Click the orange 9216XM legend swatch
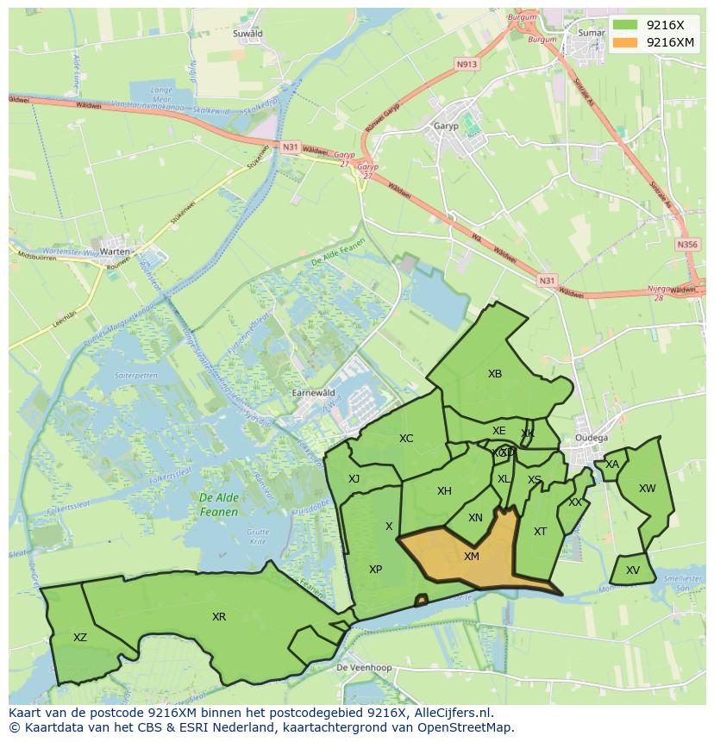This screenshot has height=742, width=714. (x=627, y=42)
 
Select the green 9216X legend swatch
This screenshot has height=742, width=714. (x=627, y=25)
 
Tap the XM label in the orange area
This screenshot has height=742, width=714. (x=472, y=557)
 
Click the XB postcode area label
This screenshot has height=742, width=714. (x=495, y=374)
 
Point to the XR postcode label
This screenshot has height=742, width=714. (x=219, y=617)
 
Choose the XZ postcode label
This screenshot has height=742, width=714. (x=80, y=638)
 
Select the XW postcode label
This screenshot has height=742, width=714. (x=647, y=489)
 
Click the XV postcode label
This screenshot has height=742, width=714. (x=633, y=571)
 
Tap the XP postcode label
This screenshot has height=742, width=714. (x=375, y=570)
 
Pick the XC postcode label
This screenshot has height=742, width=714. (x=406, y=439)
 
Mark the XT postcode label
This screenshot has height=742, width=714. (x=540, y=532)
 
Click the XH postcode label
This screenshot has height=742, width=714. (x=444, y=492)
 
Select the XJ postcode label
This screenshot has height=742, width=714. (x=354, y=479)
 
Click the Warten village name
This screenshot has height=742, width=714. (x=115, y=252)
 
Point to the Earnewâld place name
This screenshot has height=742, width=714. (x=314, y=392)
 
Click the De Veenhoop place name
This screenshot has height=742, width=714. (x=364, y=668)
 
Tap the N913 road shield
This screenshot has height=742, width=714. (x=467, y=64)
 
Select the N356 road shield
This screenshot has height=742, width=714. (x=687, y=245)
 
